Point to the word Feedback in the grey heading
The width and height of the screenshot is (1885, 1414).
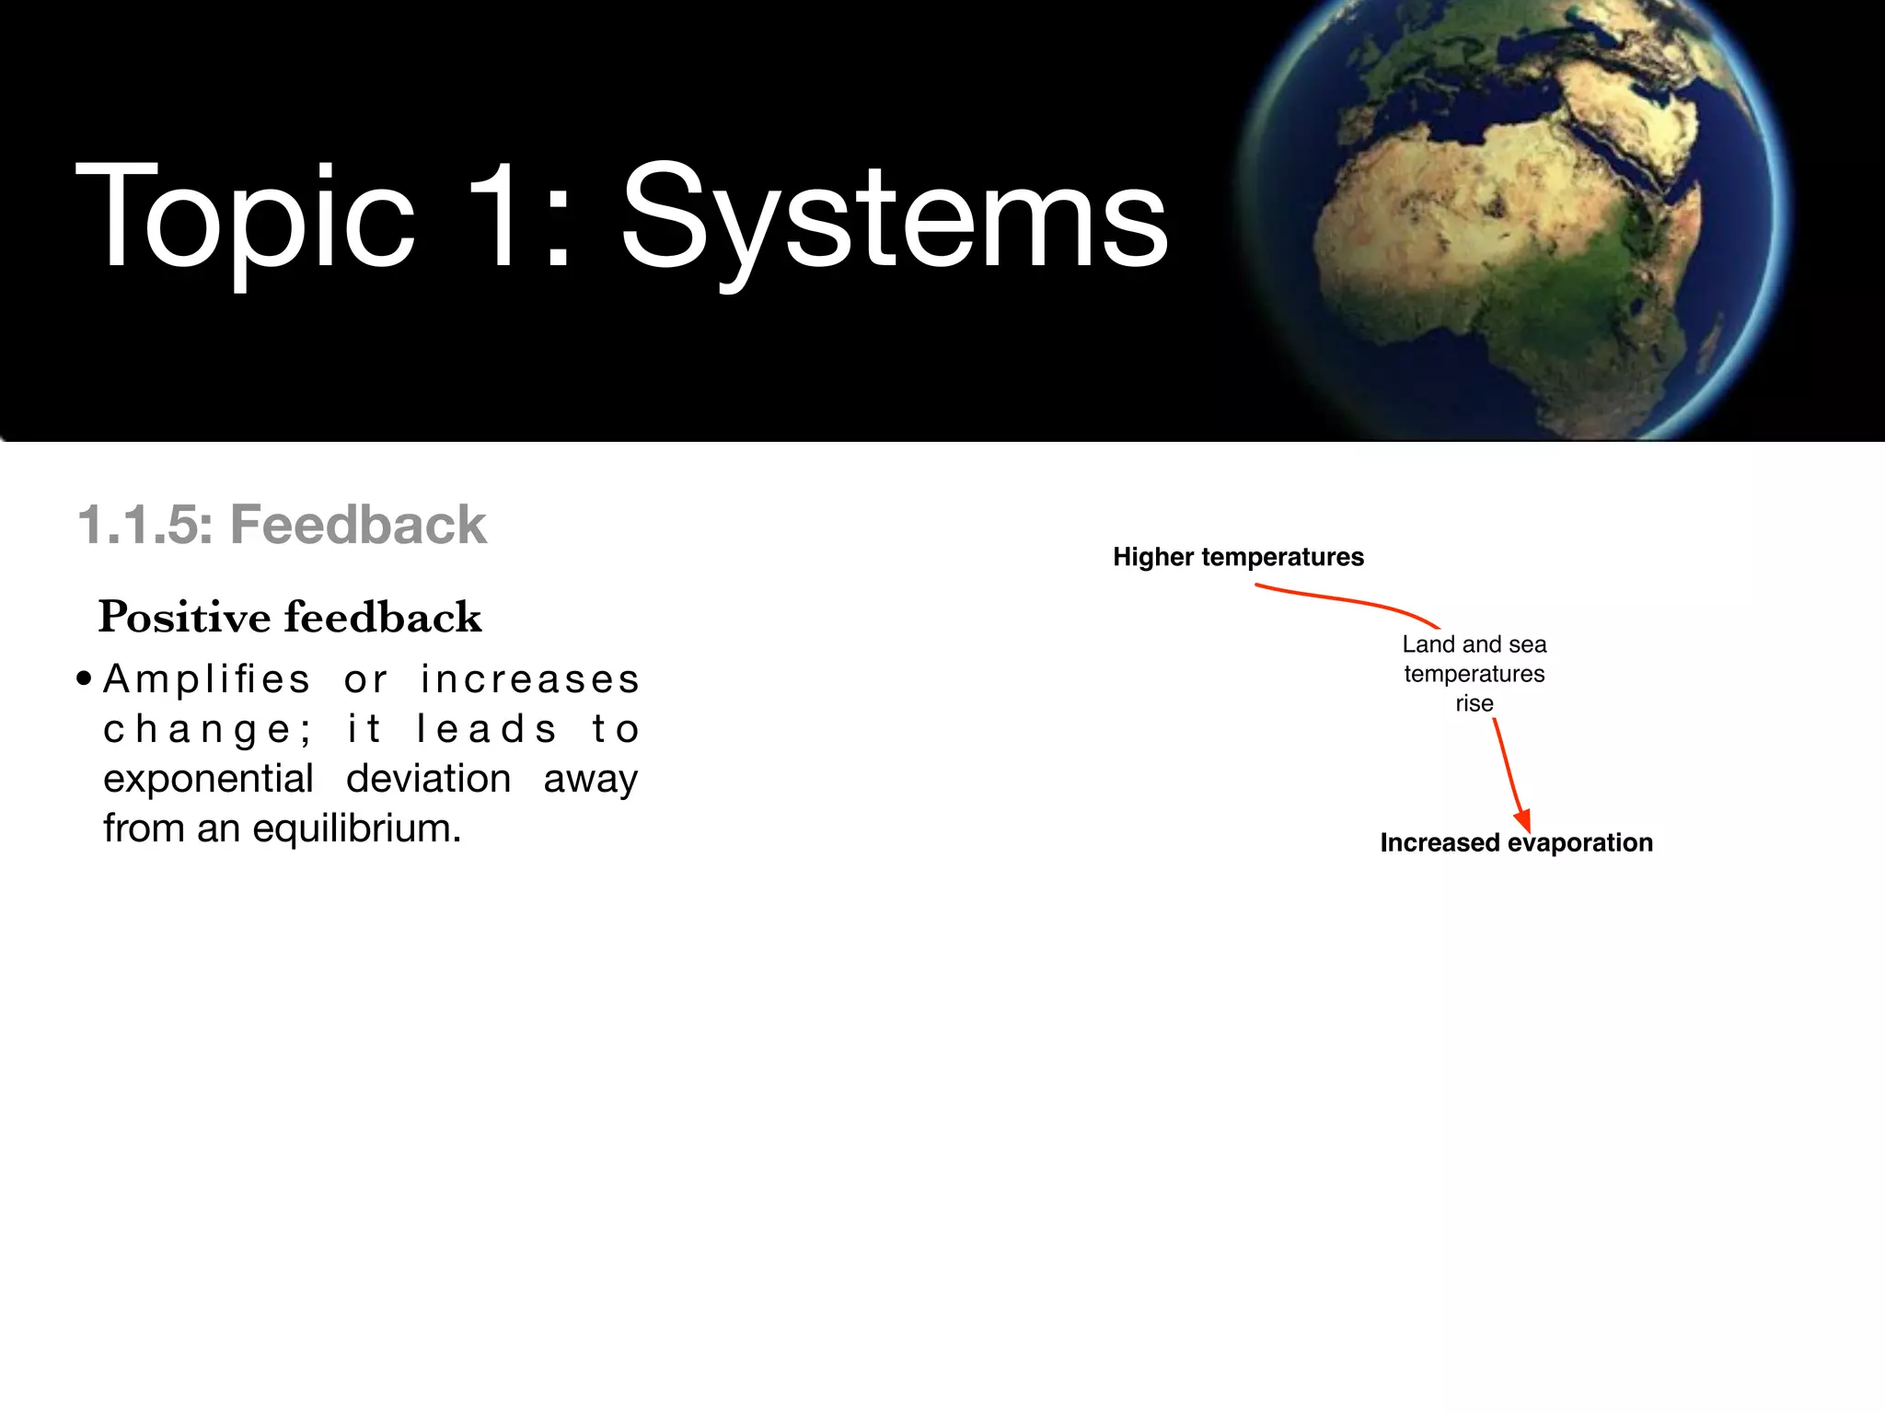coord(358,526)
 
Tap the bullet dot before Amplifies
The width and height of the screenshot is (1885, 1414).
coord(85,680)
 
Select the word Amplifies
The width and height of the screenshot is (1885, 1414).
coord(207,680)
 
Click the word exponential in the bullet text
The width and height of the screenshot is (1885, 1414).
coord(208,780)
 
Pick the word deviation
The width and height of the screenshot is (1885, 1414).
coord(428,780)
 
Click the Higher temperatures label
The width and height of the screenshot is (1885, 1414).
coord(1238,557)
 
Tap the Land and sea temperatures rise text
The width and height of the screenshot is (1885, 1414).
coord(1474,674)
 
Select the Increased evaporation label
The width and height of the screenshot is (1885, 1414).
coord(1516,842)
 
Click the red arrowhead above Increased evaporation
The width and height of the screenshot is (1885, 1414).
coord(1523,820)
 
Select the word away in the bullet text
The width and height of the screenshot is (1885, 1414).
coord(590,780)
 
